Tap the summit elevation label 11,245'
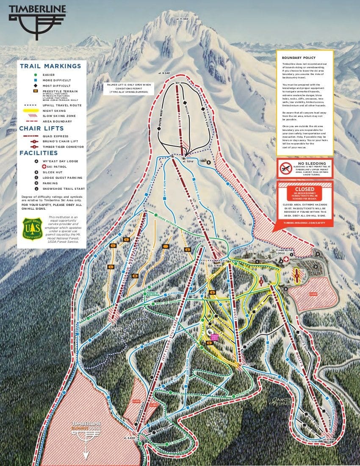[183, 19]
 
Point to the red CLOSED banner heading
[305, 189]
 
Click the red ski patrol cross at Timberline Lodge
[287, 259]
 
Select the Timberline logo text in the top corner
[37, 8]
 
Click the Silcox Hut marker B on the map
[208, 161]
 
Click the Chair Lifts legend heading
[42, 128]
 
